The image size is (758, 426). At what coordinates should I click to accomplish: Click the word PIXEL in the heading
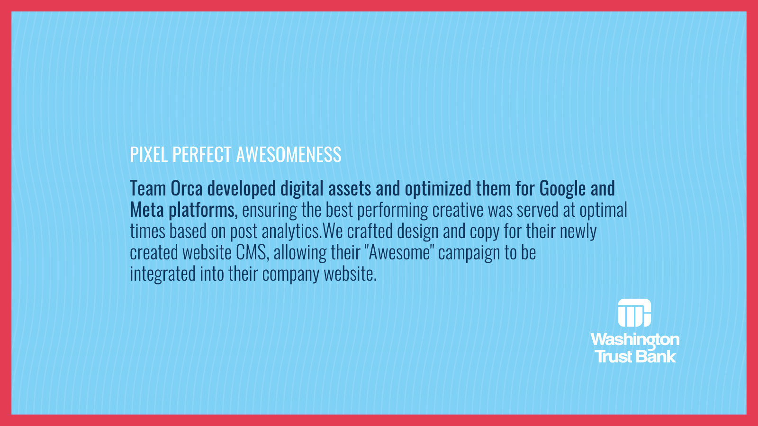pos(149,154)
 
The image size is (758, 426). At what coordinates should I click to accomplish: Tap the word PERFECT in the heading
pos(202,154)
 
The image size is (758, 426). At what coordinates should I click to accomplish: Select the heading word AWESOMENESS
pos(289,154)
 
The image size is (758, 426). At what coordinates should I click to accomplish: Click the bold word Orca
pos(187,188)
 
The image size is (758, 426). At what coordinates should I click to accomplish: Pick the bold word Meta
pos(147,210)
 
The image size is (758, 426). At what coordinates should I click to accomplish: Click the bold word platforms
pos(203,210)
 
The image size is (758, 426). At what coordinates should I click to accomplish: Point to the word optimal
pos(604,210)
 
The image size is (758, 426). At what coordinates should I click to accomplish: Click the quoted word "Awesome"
pos(399,252)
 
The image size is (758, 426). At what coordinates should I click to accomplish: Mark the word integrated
pos(163,274)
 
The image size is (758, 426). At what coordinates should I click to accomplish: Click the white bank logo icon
pos(634,313)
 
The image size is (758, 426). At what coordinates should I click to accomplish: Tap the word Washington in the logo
pos(635,340)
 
